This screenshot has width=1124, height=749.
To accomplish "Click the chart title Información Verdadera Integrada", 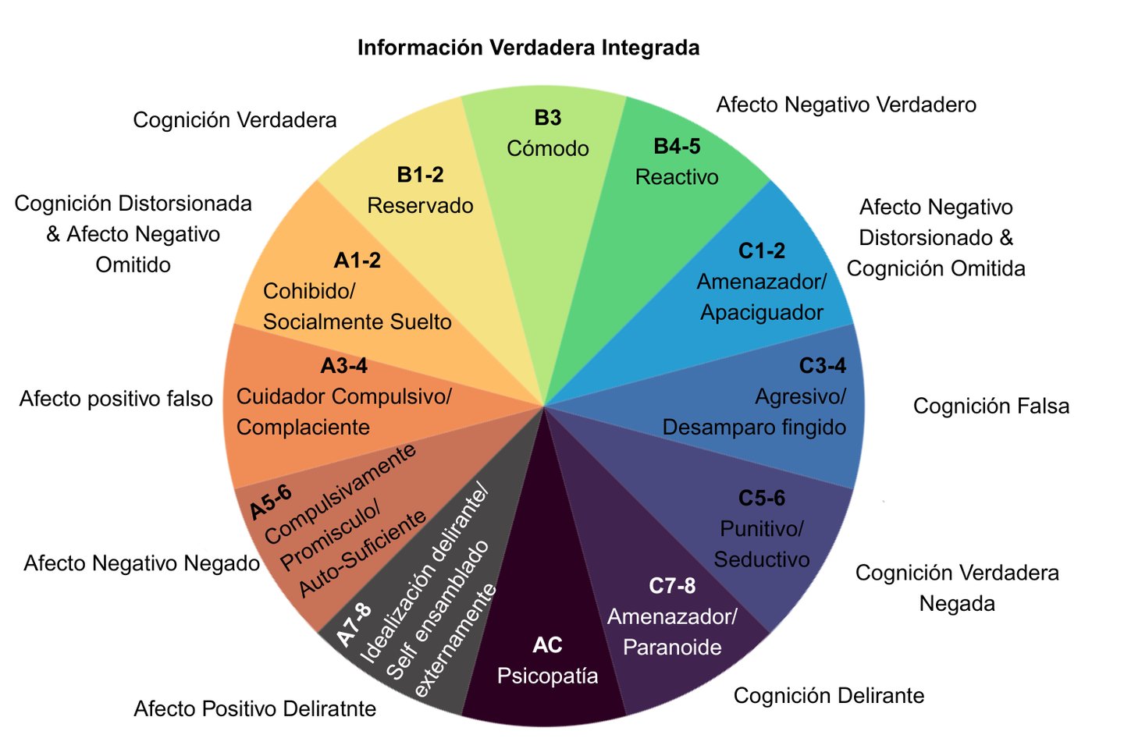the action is [528, 48].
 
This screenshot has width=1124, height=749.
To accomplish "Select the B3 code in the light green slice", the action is [547, 118].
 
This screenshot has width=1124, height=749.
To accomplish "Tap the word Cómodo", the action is [547, 148].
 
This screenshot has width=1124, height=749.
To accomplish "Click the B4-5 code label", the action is [677, 147].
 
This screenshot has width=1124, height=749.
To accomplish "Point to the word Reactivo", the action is [677, 177].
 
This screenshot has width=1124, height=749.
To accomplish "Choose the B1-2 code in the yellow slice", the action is [420, 175].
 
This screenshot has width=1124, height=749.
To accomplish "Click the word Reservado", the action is [420, 206].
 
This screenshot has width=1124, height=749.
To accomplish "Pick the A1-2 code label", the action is [357, 261].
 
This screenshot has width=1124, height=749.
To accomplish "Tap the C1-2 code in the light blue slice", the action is [761, 251].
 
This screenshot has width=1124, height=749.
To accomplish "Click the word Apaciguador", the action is [762, 313].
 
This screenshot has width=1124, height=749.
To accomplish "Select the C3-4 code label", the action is [823, 366].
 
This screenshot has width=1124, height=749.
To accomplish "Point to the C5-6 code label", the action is [761, 498].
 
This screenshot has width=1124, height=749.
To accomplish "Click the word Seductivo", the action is [762, 559].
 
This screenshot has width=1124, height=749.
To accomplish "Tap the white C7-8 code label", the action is [672, 586].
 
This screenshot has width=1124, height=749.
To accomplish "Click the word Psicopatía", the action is [547, 676].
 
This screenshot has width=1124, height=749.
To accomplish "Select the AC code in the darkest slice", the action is [547, 646].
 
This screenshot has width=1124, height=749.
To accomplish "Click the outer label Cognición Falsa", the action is [991, 406].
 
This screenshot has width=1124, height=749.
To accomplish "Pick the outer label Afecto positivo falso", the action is [116, 399].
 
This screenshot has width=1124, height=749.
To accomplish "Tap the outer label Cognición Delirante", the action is [829, 696].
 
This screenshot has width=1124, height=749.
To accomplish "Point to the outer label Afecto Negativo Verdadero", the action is [846, 105].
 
